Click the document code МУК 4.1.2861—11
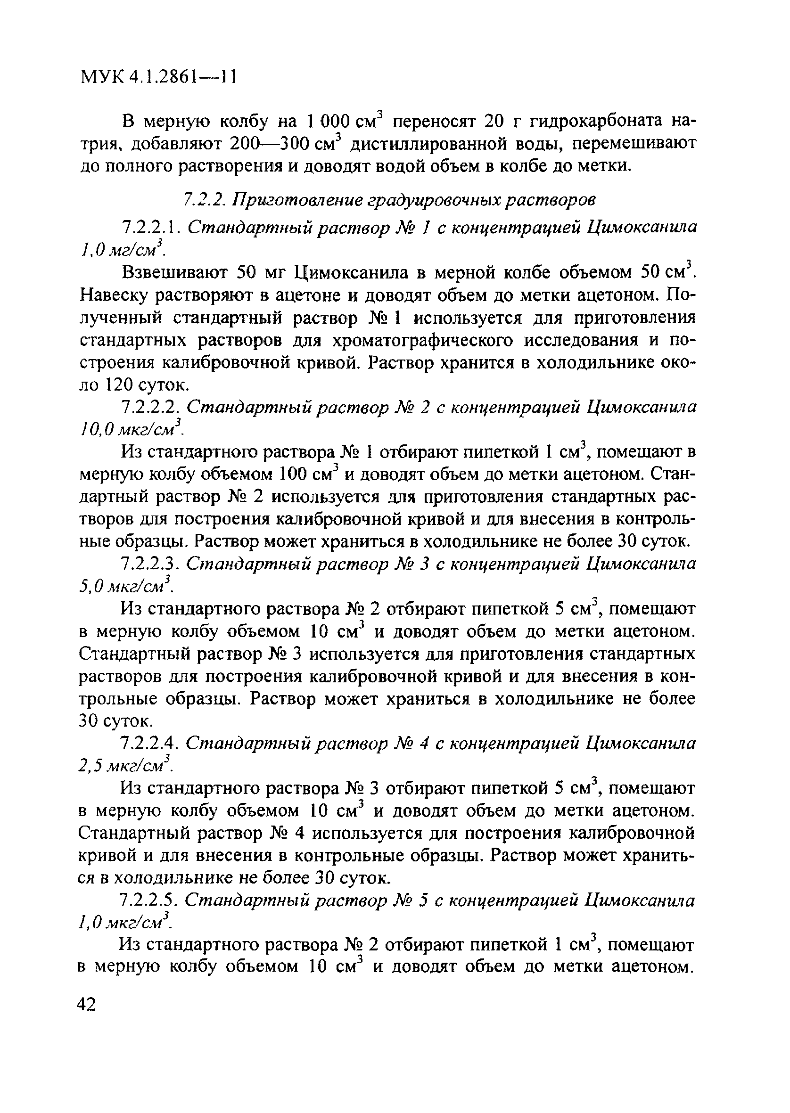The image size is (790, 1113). pyautogui.click(x=157, y=76)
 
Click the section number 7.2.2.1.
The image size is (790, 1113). pyautogui.click(x=150, y=227)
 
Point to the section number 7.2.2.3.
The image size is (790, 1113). pyautogui.click(x=150, y=564)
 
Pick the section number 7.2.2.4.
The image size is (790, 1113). pyautogui.click(x=150, y=744)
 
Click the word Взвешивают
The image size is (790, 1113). pyautogui.click(x=174, y=273)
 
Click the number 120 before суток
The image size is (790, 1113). pyautogui.click(x=119, y=385)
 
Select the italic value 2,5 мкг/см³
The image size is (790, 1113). pyautogui.click(x=125, y=766)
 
